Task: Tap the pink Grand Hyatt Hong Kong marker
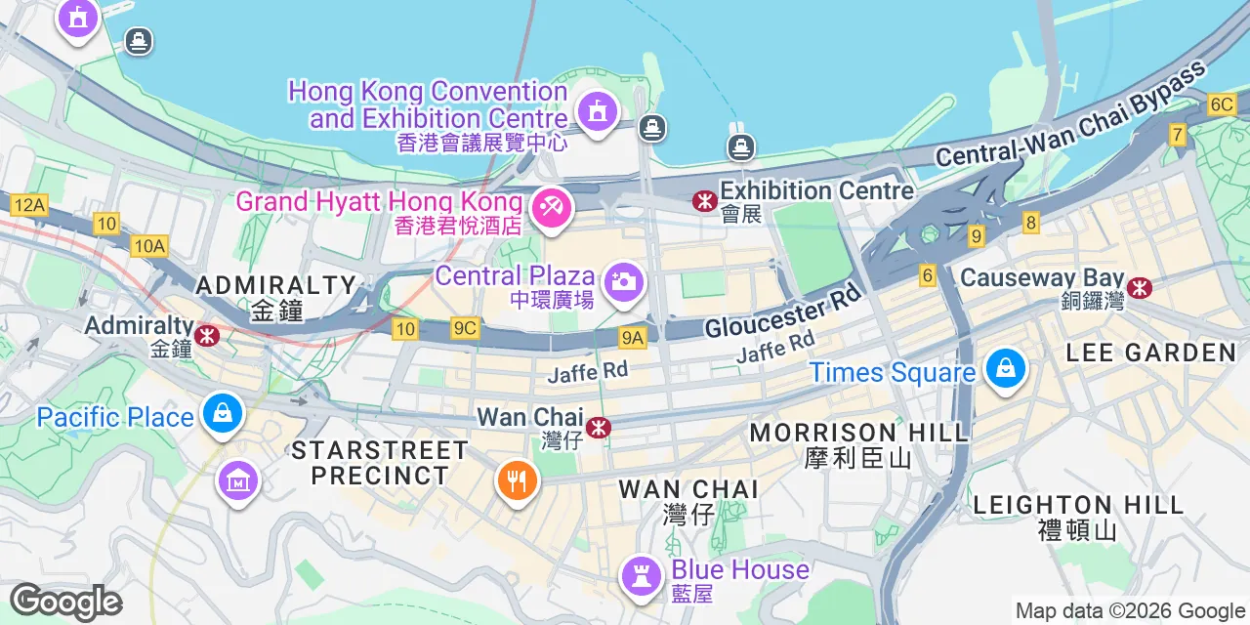coord(551,207)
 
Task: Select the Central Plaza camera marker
coord(622,281)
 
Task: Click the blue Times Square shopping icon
coord(1004,369)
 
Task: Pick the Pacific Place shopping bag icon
coord(223,414)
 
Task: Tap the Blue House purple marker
coord(642,574)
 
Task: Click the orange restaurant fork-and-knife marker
coord(517,480)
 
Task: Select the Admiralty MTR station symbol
coord(206,336)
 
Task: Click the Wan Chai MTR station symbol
coord(600,428)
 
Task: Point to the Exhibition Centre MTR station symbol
coord(703,201)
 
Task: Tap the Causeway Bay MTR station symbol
coord(1139,287)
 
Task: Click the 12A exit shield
coord(29,205)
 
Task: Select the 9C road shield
coord(465,329)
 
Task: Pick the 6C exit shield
coord(1222,104)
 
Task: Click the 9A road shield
coord(633,338)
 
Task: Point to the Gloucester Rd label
coord(784,311)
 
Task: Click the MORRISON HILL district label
coord(858,432)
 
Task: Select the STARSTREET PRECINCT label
coord(379,463)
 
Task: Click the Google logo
coord(65,603)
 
